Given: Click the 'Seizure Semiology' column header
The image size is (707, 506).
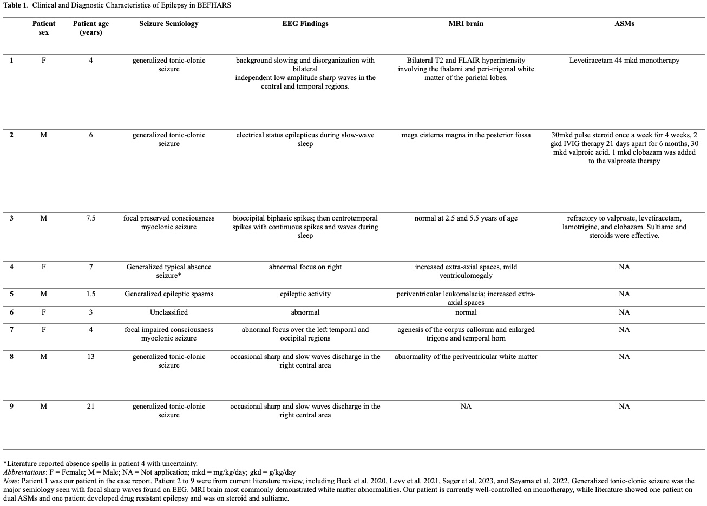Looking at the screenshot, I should [x=168, y=24].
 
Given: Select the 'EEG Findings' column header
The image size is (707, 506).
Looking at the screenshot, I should [x=305, y=24].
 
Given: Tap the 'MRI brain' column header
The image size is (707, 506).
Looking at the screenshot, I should [x=466, y=24].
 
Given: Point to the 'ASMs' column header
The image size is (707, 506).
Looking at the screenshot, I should [x=624, y=24].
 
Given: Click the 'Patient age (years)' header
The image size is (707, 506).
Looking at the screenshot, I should [x=90, y=28].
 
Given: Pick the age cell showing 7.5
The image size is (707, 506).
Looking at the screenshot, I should [x=90, y=218].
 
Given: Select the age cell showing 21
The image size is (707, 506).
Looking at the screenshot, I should [x=90, y=407].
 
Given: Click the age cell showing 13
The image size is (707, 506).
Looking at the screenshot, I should [x=90, y=357].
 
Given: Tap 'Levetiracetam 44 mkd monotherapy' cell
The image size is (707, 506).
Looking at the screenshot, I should [x=624, y=61].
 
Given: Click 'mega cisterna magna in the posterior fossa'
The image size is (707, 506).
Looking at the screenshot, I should [x=466, y=135].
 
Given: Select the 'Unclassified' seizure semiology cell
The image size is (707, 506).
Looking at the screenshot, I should [x=168, y=312].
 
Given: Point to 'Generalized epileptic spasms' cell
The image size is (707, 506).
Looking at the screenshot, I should [x=168, y=294].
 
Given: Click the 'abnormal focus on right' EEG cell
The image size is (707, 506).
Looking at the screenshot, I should [x=305, y=267].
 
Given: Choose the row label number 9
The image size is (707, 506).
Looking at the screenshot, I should [x=11, y=407].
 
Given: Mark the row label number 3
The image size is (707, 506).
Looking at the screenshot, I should [x=11, y=218].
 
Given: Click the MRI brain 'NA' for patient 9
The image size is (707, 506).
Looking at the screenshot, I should [x=466, y=407].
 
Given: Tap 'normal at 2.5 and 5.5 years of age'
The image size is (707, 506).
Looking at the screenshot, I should [x=466, y=218].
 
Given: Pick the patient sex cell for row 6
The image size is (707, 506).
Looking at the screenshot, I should [x=44, y=312].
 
